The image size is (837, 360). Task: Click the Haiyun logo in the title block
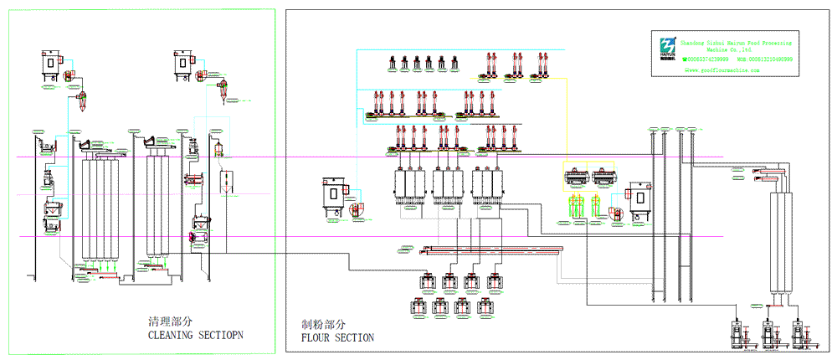coord(666,47)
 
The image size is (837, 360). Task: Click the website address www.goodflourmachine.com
coord(726,71)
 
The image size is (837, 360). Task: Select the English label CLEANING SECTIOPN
coord(200,337)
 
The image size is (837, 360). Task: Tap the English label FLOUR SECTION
coord(337,337)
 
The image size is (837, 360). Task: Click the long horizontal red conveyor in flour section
coord(494,249)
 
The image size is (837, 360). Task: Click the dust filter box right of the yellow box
coord(641,198)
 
